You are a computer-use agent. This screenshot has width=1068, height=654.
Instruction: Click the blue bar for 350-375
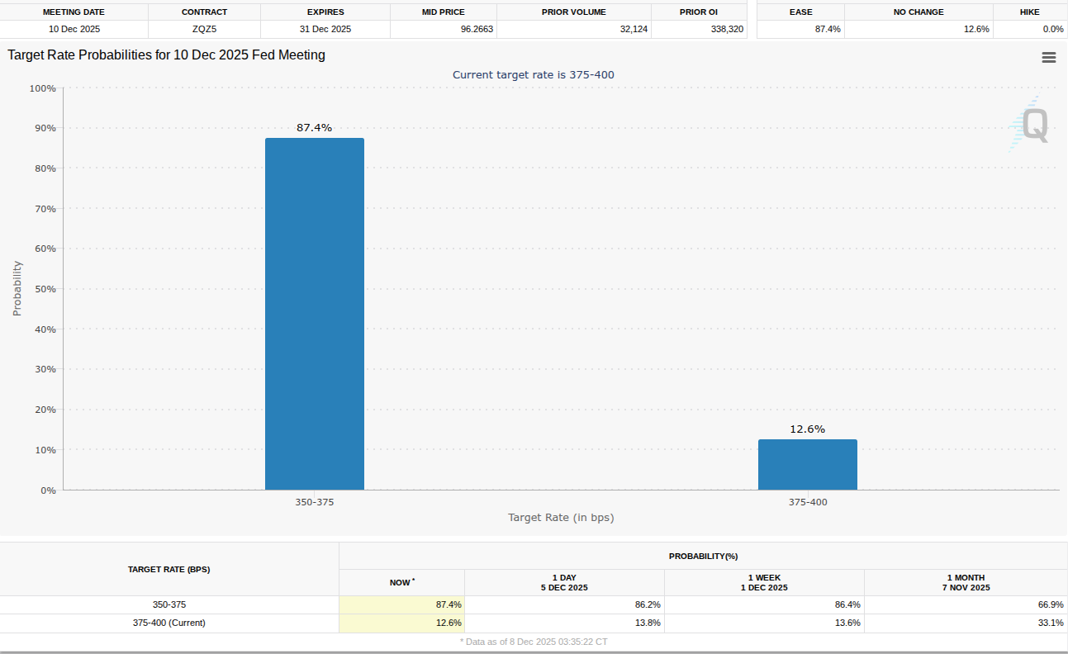(x=314, y=314)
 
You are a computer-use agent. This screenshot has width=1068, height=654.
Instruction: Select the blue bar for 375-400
(x=807, y=465)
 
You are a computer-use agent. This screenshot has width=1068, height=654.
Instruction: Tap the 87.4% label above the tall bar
(x=314, y=128)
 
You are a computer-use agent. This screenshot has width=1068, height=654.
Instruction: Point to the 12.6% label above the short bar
(x=807, y=429)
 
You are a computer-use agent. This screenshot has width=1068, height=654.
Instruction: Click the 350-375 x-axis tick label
(x=314, y=502)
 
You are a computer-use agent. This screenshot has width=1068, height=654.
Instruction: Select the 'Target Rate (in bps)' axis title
(x=561, y=518)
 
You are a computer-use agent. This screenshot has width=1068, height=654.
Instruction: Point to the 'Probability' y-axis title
(x=17, y=289)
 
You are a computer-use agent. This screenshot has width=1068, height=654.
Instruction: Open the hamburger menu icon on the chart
(x=1049, y=57)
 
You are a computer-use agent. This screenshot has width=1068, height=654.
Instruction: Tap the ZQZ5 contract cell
(x=204, y=29)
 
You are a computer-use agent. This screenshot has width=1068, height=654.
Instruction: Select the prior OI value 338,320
(x=699, y=29)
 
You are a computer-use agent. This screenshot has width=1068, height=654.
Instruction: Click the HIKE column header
(x=1029, y=12)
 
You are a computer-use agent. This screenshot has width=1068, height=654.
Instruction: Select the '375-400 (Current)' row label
(x=169, y=623)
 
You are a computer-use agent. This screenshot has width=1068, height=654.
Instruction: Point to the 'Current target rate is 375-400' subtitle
(x=533, y=75)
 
